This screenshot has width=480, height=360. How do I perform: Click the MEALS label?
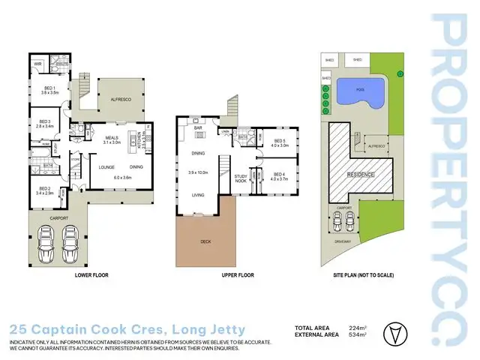[112, 137]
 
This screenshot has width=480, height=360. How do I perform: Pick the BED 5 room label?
[279, 141]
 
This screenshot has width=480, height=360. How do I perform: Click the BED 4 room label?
[279, 174]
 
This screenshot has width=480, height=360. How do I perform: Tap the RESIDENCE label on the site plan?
[361, 174]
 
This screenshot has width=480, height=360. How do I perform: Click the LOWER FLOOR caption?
[91, 275]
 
